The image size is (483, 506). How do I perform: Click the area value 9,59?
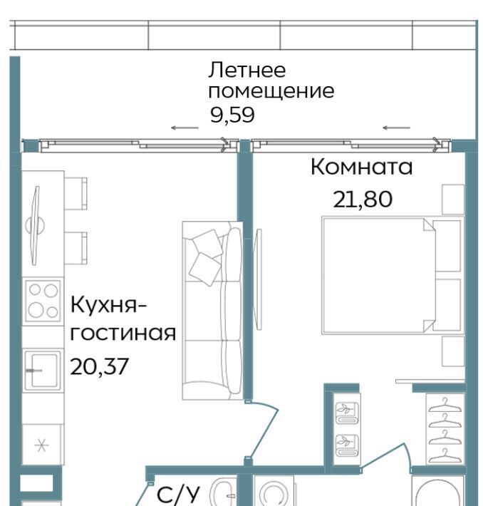point(232,115)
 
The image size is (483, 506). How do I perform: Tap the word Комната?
point(361,167)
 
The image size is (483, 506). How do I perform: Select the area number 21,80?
point(363,199)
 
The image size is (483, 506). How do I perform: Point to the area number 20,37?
point(99,366)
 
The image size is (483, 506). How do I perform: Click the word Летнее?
point(246,70)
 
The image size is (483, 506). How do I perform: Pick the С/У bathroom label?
point(178,494)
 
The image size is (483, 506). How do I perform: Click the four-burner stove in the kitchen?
point(43,301)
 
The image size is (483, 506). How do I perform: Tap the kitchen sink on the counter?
point(43,370)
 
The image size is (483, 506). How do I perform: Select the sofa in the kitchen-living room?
point(212,311)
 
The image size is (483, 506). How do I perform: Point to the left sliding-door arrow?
point(185,128)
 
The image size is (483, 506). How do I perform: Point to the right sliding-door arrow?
point(396,128)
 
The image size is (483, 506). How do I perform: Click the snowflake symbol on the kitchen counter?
point(41,445)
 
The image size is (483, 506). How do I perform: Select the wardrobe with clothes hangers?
point(445,429)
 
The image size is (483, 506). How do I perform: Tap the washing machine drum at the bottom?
point(274,494)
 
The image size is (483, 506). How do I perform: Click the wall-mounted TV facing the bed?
point(257,279)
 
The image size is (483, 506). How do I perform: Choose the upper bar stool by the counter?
point(76,193)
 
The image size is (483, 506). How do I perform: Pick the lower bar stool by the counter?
point(76,248)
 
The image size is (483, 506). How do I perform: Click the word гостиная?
point(123,334)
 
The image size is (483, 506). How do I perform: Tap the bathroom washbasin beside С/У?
point(223,492)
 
